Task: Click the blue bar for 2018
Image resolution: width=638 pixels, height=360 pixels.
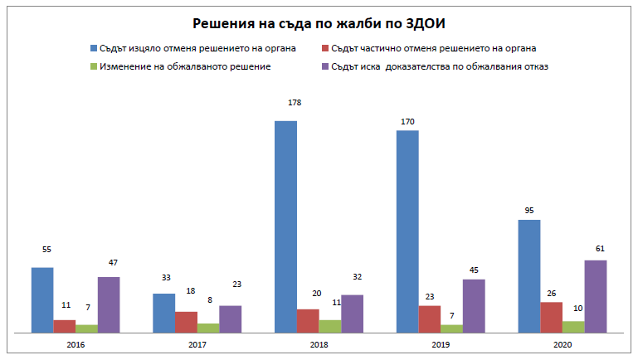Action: tap(285, 226)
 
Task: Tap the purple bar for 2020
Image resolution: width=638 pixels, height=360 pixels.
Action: tap(595, 296)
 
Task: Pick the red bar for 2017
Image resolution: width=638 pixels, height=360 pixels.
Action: tap(186, 322)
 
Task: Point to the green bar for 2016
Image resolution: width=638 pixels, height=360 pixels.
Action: tap(86, 328)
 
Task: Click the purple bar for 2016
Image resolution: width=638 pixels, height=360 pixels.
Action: tap(109, 304)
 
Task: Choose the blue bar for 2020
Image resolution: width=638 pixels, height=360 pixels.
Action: tap(528, 275)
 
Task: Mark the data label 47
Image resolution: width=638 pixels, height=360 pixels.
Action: tap(113, 263)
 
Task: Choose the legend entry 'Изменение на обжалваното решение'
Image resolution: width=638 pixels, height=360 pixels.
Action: tap(185, 66)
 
